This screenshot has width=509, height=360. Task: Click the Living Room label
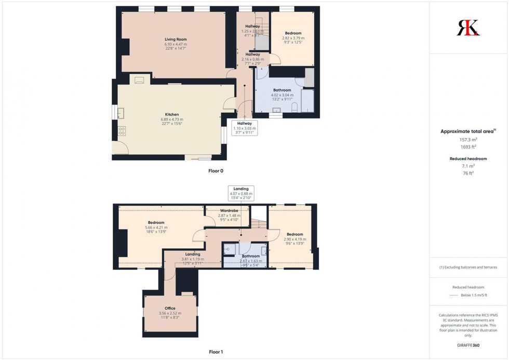pyautogui.click(x=176, y=39)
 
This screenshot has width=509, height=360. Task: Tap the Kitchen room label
pyautogui.click(x=172, y=114)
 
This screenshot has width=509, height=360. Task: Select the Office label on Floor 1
pyautogui.click(x=170, y=309)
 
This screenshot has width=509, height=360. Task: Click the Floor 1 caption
pyautogui.click(x=216, y=352)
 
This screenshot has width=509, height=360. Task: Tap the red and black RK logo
pyautogui.click(x=468, y=28)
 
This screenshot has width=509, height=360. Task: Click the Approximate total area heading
pyautogui.click(x=467, y=131)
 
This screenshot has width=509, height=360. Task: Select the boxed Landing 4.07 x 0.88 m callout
pyautogui.click(x=241, y=193)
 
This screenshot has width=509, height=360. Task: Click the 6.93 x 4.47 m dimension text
pyautogui.click(x=176, y=45)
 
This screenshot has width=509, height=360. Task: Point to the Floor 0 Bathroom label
pyautogui.click(x=282, y=90)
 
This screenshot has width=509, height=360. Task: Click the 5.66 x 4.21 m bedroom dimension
pyautogui.click(x=156, y=228)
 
